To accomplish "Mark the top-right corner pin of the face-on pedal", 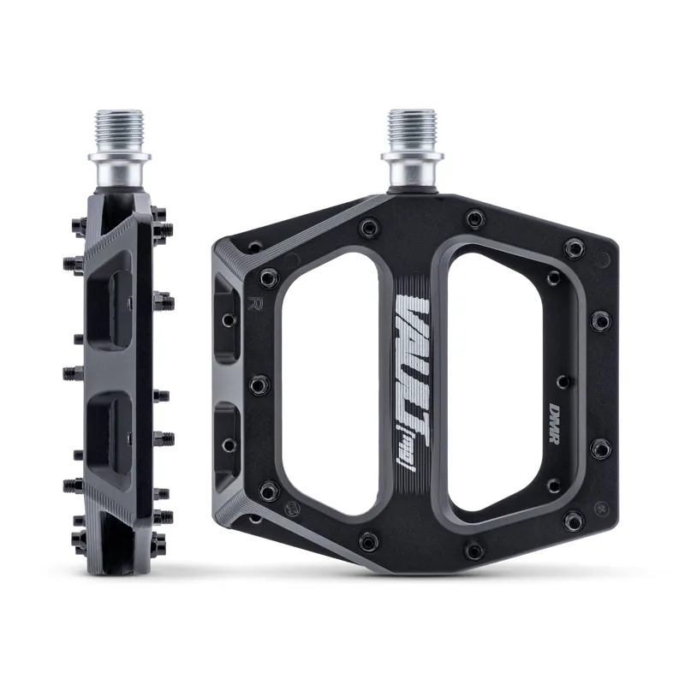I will coord(574,249).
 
